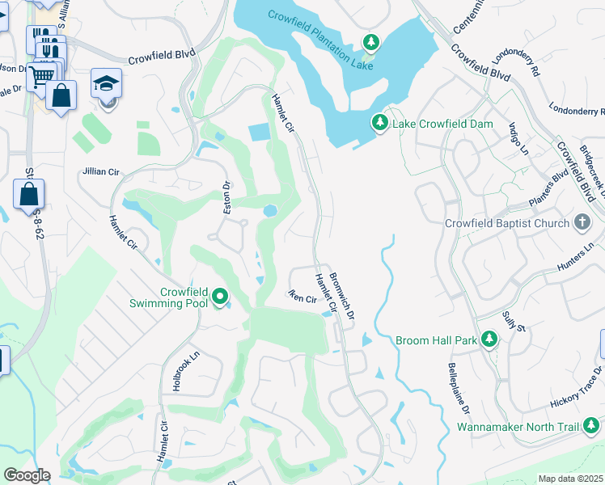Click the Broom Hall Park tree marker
point(489,339)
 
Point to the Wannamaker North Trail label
point(518,426)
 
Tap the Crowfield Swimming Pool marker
point(220,299)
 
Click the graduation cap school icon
point(106,84)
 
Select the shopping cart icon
point(42,74)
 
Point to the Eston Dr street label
point(228,196)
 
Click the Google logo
point(27,474)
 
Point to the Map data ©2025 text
point(570,479)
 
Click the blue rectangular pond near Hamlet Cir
point(259,132)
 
